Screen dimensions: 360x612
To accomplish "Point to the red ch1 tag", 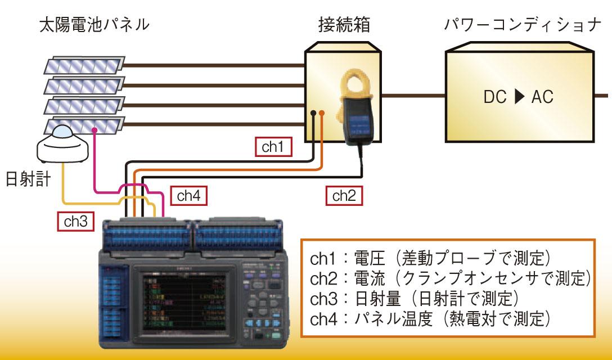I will tap(273, 147).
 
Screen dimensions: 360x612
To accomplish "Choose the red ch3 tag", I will tap(75, 221).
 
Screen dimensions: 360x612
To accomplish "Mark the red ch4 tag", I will tap(188, 195).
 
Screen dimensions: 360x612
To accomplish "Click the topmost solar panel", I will tap(84, 66).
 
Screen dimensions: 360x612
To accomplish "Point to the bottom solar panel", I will tap(84, 125).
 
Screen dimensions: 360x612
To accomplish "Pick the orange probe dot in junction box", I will tap(322, 114).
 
